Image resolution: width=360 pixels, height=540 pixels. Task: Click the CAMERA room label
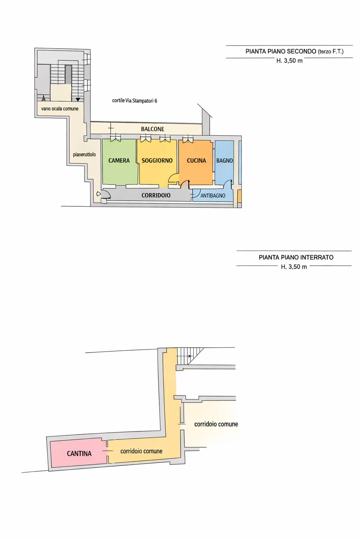click(119, 161)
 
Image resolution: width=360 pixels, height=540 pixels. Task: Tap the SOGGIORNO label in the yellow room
click(157, 161)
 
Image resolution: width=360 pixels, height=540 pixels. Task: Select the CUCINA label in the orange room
click(196, 161)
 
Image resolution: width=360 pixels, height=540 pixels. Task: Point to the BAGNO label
click(224, 161)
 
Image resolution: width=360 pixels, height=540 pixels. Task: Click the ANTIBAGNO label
click(213, 195)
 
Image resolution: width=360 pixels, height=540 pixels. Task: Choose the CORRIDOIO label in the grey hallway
click(156, 195)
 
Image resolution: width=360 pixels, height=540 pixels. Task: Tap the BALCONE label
click(152, 129)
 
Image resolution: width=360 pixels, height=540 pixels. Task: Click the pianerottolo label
click(84, 154)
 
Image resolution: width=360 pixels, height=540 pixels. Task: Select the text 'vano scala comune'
click(60, 109)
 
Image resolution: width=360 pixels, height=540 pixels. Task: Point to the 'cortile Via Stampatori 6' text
click(135, 101)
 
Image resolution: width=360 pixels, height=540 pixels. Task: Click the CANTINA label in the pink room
click(79, 454)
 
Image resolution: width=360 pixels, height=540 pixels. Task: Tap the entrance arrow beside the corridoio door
click(98, 194)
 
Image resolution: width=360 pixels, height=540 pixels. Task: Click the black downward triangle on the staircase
click(78, 99)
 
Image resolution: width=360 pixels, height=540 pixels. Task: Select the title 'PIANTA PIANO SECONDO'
click(281, 51)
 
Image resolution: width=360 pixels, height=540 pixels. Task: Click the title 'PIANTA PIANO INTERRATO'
click(296, 257)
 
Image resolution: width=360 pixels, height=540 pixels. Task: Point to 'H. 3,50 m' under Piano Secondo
click(289, 61)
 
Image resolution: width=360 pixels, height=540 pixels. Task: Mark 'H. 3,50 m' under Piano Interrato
click(294, 266)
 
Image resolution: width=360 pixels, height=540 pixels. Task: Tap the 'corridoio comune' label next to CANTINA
click(141, 451)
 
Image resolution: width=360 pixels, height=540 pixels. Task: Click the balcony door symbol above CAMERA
click(115, 138)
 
